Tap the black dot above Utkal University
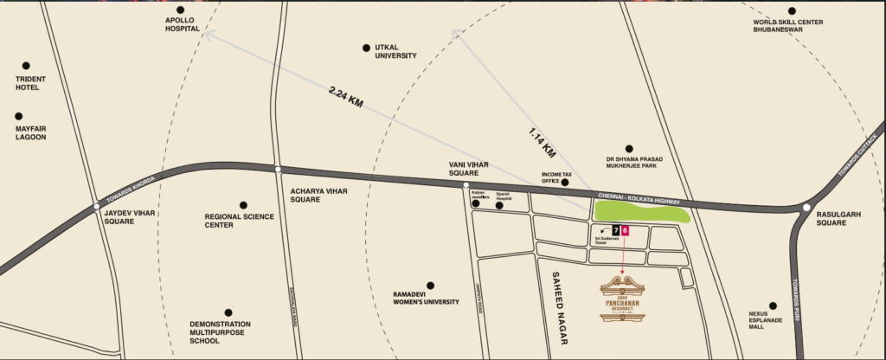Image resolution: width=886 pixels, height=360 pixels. coord(367,47)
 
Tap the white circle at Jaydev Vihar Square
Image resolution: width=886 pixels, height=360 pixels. coord(97,206)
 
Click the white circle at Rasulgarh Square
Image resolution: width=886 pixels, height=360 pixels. coord(806,208)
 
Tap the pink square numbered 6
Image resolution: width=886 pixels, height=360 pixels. coord(626,230)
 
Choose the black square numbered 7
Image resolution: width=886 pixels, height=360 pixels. coord(615,230)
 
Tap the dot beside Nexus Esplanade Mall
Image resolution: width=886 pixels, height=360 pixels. coord(773,305)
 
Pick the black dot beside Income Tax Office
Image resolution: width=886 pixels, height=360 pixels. coord(564,183)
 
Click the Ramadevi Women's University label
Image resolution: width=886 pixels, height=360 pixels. coord(430,299)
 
